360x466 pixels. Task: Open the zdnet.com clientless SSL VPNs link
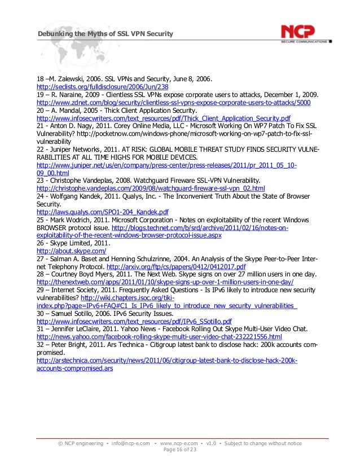click(173, 104)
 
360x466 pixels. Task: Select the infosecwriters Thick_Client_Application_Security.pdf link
click(163, 119)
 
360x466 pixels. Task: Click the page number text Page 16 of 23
click(180, 451)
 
